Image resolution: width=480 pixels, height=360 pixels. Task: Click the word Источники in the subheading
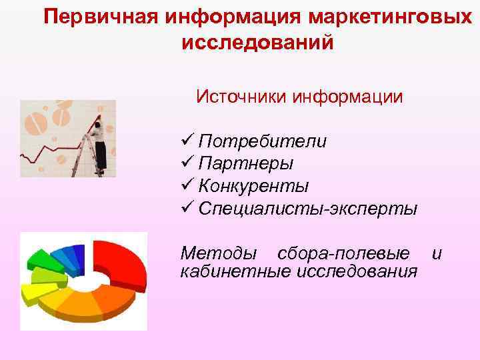[x=242, y=97]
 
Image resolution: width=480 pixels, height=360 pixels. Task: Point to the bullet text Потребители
[x=263, y=142]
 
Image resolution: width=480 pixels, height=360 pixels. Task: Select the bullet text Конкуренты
[x=253, y=186]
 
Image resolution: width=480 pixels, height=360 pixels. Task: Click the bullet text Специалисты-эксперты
[x=308, y=208]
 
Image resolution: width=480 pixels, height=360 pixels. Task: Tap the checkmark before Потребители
[x=187, y=141]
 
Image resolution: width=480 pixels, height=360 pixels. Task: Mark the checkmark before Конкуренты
[x=187, y=185]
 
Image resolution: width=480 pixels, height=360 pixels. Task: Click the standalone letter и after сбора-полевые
[x=437, y=254]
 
